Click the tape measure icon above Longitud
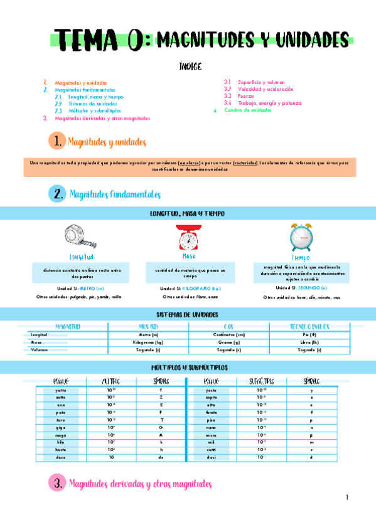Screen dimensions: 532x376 (79, 238)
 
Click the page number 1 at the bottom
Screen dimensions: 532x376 (346, 497)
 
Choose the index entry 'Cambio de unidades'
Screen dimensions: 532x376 (248, 110)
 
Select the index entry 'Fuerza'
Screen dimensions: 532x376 (246, 96)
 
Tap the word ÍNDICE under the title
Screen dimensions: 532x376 (190, 66)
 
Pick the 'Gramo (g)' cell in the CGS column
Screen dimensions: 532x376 (229, 343)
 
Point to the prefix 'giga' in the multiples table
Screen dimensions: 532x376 (60, 427)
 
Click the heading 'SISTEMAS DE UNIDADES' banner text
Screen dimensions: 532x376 (188, 313)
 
